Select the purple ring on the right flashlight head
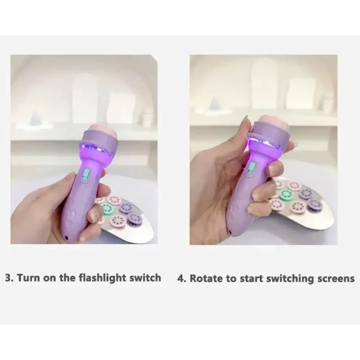[269, 135]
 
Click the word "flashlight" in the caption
[103, 278]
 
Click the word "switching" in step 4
[291, 279]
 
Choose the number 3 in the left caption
[8, 278]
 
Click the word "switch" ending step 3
[145, 278]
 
